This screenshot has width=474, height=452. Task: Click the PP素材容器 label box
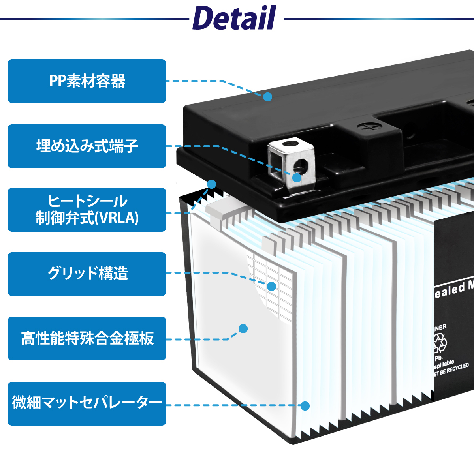pyautogui.click(x=87, y=81)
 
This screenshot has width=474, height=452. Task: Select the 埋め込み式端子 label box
pyautogui.click(x=87, y=146)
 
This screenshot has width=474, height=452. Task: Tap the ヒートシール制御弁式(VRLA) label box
pyautogui.click(x=87, y=210)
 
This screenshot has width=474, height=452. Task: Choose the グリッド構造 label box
pyautogui.click(x=87, y=274)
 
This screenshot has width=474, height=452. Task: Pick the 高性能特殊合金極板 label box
pyautogui.click(x=87, y=338)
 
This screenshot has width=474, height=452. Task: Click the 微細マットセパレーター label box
pyautogui.click(x=87, y=403)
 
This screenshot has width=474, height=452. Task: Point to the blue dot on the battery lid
pyautogui.click(x=268, y=97)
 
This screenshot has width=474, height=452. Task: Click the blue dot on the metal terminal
pyautogui.click(x=297, y=178)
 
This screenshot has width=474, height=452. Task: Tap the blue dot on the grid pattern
pyautogui.click(x=272, y=286)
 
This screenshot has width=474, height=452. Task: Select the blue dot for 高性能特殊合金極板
pyautogui.click(x=243, y=328)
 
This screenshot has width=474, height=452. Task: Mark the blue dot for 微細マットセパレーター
pyautogui.click(x=305, y=405)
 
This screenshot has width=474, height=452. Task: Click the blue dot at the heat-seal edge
pyautogui.click(x=212, y=184)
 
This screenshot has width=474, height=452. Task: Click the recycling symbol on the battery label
pyautogui.click(x=440, y=343)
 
